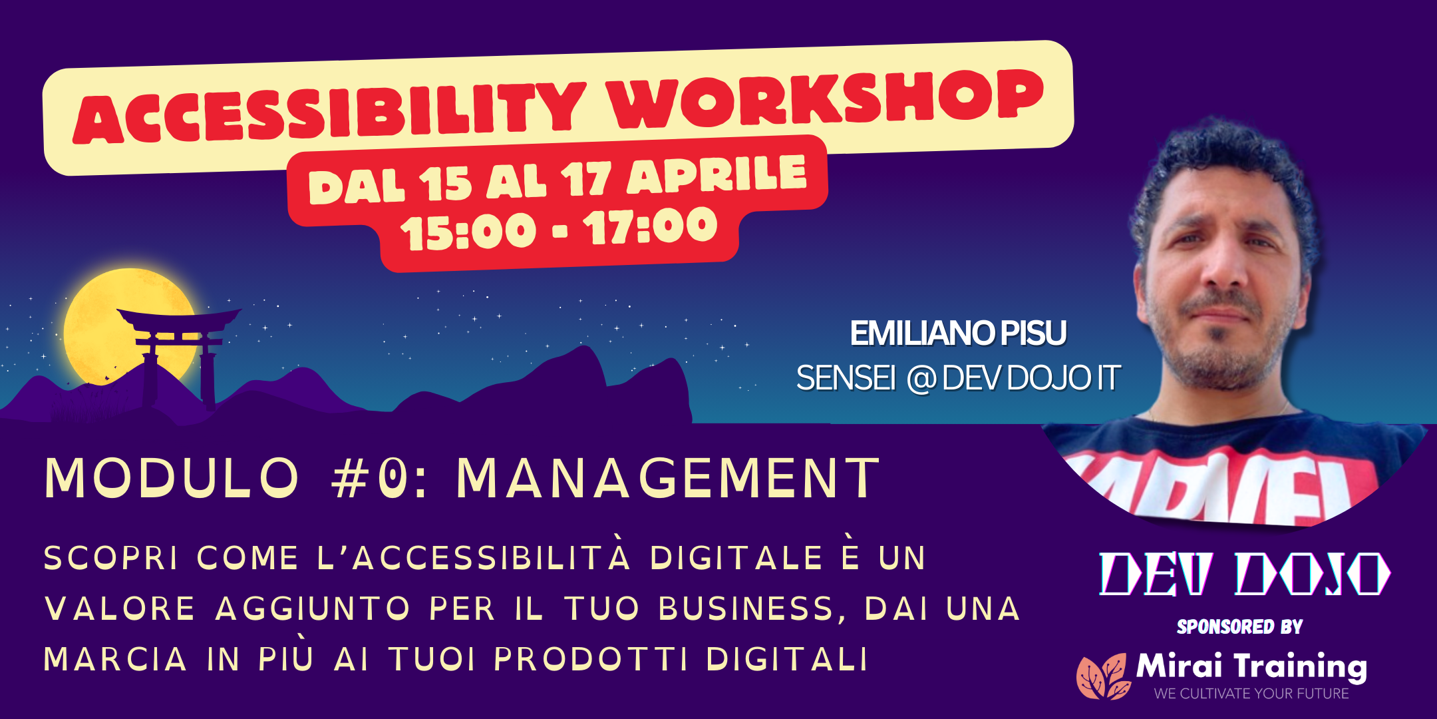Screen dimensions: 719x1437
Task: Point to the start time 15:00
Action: (468, 232)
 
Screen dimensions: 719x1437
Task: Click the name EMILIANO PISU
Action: (958, 334)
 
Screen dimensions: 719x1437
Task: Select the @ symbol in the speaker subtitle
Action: (921, 379)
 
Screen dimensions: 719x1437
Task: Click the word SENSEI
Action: (846, 379)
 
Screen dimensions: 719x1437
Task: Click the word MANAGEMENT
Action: (668, 478)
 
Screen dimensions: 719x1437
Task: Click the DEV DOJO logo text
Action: (1244, 574)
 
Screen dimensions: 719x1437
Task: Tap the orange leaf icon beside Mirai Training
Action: (1103, 676)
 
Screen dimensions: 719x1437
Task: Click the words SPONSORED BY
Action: (1239, 626)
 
